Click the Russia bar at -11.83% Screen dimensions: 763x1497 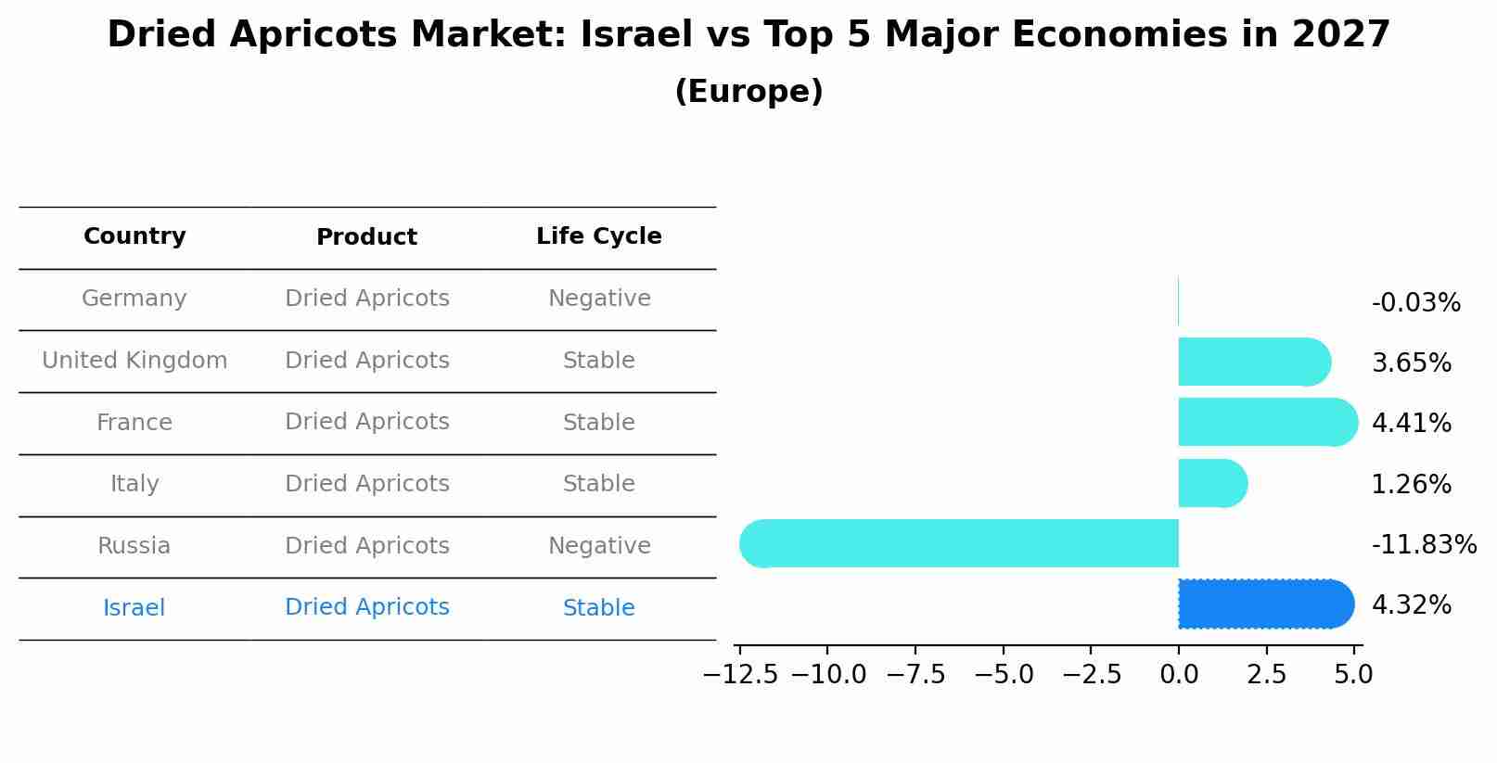coord(959,543)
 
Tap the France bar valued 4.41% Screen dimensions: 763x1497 coord(1267,423)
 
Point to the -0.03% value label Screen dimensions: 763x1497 coord(1415,303)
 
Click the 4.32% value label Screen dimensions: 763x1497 coord(1411,605)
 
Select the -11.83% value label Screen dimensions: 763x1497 coord(1423,545)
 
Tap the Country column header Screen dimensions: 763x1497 coord(134,236)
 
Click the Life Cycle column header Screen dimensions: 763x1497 coord(598,236)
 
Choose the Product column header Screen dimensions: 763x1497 coord(366,237)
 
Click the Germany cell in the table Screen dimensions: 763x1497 coord(134,299)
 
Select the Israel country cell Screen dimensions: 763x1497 coord(134,608)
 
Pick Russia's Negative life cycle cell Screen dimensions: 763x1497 coord(599,546)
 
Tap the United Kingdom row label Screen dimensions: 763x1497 coord(134,361)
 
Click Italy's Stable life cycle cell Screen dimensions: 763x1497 coord(598,484)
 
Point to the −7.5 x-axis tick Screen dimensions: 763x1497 coord(915,674)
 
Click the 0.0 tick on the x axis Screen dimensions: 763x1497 coord(1178,674)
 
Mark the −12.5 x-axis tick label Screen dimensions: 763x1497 coord(740,674)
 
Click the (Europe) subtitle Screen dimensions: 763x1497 coord(748,92)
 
